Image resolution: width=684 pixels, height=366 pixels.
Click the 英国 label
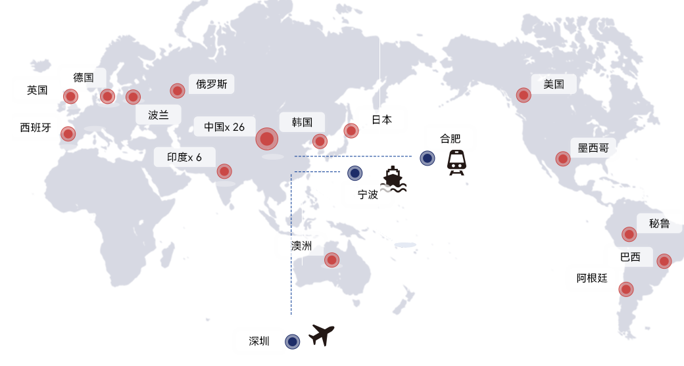[37, 90]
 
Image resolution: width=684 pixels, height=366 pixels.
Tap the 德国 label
[84, 78]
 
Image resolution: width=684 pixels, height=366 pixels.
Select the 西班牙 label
[36, 127]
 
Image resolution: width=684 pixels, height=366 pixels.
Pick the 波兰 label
[159, 115]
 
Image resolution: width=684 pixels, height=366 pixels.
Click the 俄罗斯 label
[212, 84]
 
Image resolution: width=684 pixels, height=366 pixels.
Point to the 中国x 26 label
[224, 127]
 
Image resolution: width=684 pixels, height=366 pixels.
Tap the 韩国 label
[301, 122]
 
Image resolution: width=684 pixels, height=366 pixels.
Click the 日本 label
[381, 120]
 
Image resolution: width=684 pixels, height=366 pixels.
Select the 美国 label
[554, 84]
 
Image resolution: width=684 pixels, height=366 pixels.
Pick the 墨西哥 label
[593, 147]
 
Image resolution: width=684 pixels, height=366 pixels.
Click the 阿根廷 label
[591, 278]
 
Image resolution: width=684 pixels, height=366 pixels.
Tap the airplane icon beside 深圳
[322, 336]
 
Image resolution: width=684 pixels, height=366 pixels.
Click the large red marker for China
[266, 139]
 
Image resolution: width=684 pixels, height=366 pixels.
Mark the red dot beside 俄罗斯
[178, 91]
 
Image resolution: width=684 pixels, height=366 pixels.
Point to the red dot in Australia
[332, 260]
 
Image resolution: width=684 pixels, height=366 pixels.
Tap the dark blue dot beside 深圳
[293, 342]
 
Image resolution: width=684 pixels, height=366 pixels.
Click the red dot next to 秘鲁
[629, 234]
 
